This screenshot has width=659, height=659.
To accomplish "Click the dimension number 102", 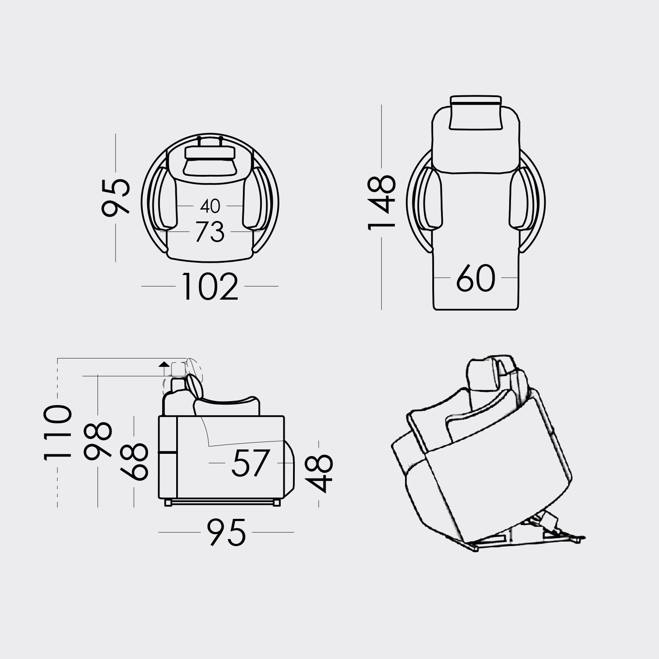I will [210, 286].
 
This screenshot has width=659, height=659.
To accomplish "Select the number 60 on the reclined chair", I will [475, 279].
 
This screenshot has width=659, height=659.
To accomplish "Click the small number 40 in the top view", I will [210, 206].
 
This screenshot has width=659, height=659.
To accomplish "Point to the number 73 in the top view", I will [210, 232].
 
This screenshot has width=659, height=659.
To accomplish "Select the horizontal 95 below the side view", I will [226, 532].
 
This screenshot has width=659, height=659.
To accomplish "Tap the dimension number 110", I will [58, 433].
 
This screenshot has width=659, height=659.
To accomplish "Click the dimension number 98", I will [98, 441].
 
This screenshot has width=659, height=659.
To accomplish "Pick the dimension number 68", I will [134, 461].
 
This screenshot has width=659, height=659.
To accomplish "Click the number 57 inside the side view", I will [250, 463].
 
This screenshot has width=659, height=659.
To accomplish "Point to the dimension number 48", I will [319, 473].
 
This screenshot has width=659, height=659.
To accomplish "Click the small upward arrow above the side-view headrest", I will [164, 364].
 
